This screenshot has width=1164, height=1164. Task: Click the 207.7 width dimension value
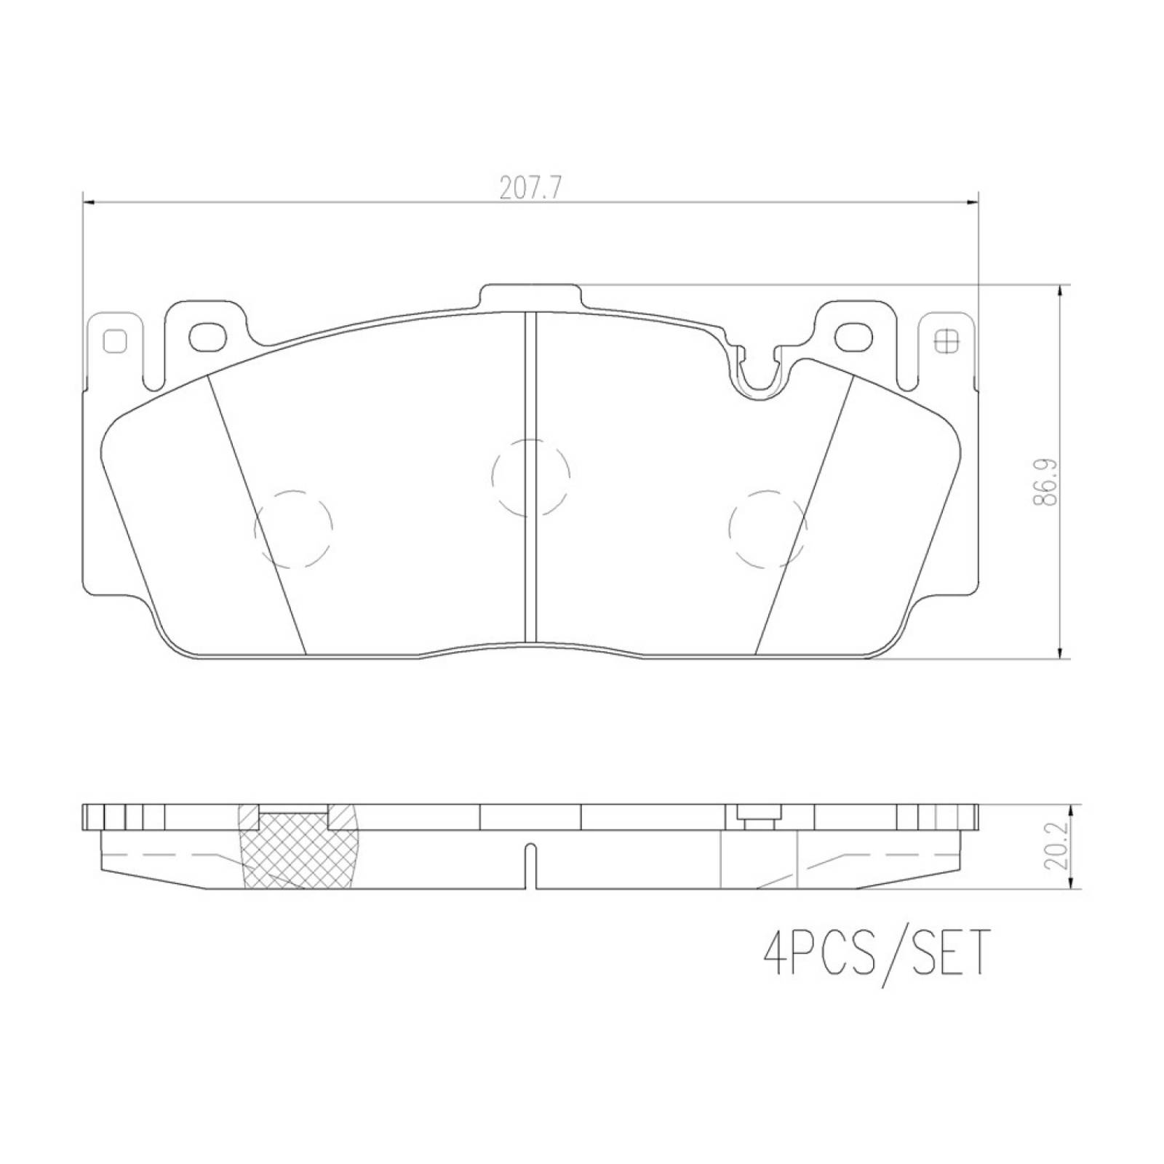pyautogui.click(x=530, y=188)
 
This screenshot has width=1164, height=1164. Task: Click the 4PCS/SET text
pyautogui.click(x=876, y=952)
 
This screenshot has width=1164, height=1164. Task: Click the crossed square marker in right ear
pyautogui.click(x=946, y=340)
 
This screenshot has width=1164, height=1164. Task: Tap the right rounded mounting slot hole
pyautogui.click(x=853, y=335)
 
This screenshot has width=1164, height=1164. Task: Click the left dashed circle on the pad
pyautogui.click(x=293, y=528)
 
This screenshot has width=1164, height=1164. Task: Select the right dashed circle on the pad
pyautogui.click(x=768, y=528)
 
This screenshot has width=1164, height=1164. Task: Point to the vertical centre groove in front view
pyautogui.click(x=530, y=473)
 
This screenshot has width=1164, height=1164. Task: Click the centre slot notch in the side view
pyautogui.click(x=531, y=866)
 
